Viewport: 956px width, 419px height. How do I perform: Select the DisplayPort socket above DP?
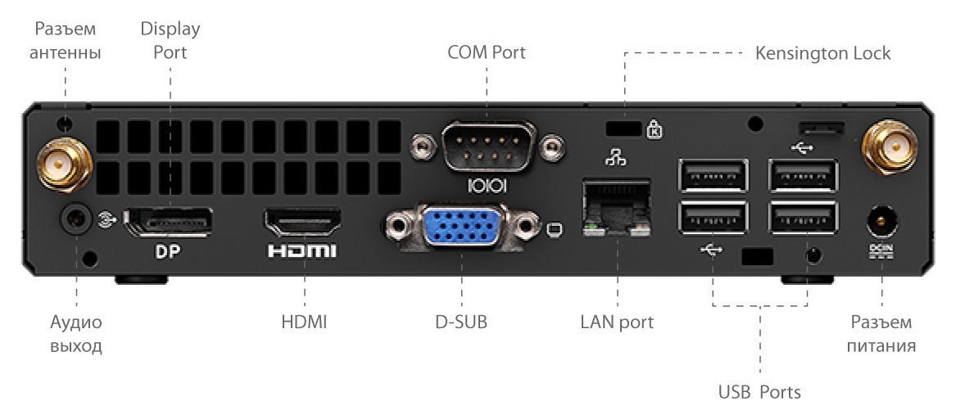168,222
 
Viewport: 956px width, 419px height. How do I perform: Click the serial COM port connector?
488,147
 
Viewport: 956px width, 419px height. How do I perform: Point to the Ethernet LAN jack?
615,208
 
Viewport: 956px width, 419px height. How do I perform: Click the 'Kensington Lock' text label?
822,53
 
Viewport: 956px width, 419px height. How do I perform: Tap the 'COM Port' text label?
486,52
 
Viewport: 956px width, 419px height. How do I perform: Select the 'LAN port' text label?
616,322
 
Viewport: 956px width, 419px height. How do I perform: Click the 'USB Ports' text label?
759,391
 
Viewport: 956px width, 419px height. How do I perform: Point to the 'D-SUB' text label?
461,322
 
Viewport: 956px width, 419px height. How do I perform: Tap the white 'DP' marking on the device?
167,250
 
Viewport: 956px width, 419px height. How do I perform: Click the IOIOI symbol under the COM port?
487,187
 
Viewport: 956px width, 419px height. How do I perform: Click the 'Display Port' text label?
170,41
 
